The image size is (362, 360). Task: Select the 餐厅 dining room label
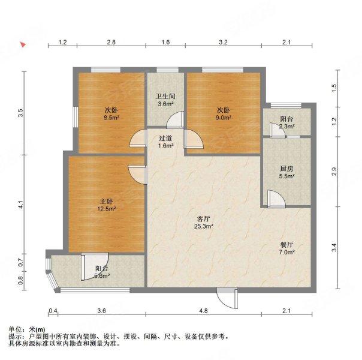(x=286, y=244)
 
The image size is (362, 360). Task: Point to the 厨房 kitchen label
(x=286, y=168)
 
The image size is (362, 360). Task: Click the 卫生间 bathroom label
(x=165, y=95)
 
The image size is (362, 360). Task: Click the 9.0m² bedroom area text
(x=224, y=119)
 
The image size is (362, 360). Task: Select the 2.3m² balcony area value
(x=286, y=127)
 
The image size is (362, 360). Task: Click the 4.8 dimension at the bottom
(x=203, y=310)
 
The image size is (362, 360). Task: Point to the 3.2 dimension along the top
(x=223, y=43)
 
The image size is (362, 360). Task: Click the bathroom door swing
(x=174, y=120)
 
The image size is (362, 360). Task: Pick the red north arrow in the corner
(x=22, y=44)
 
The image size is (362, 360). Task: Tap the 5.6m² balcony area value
(x=102, y=277)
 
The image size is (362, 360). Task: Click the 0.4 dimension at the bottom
(x=53, y=310)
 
